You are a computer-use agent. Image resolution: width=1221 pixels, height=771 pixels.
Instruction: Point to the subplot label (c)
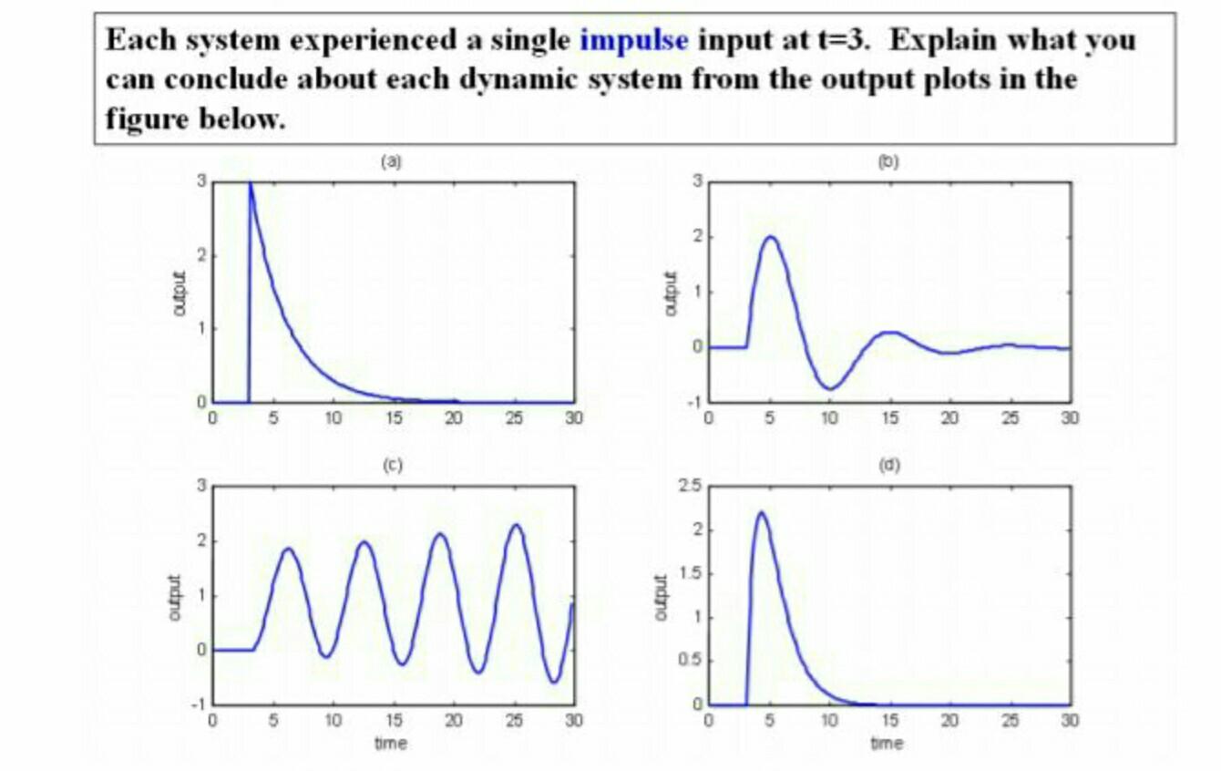[x=392, y=466]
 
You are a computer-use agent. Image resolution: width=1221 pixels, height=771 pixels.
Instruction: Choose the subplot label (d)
[x=888, y=466]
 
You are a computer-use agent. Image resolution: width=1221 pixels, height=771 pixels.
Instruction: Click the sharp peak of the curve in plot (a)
[x=251, y=184]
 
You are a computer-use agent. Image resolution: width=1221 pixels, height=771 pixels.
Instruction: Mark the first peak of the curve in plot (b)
[x=771, y=237]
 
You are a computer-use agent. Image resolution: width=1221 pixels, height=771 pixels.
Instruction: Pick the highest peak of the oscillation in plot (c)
[x=517, y=525]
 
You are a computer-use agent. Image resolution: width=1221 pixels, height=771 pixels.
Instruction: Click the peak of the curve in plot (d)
[x=761, y=512]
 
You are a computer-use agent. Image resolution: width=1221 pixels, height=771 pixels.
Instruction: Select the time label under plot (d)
[x=888, y=744]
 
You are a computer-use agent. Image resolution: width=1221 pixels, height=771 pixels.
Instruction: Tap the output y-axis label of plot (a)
[x=178, y=293]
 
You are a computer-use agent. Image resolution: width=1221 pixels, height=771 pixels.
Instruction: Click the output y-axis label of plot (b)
[x=673, y=293]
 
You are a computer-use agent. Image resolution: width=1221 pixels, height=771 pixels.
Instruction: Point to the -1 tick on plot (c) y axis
[x=203, y=705]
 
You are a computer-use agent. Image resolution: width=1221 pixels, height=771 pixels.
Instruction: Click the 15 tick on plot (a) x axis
[x=395, y=417]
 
